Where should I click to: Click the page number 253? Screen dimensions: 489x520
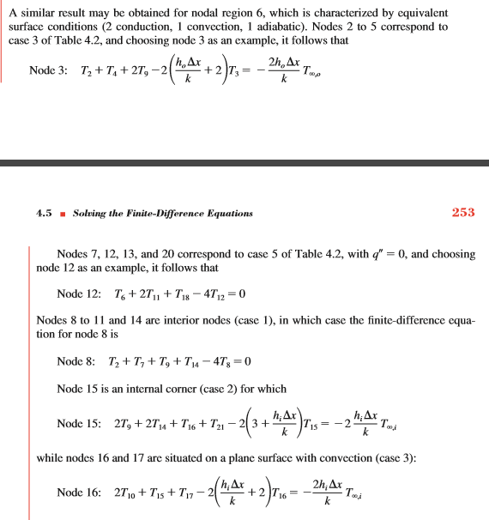click(x=463, y=212)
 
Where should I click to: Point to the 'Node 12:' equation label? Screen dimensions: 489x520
click(x=77, y=294)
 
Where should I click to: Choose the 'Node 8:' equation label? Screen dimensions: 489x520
click(x=75, y=361)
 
